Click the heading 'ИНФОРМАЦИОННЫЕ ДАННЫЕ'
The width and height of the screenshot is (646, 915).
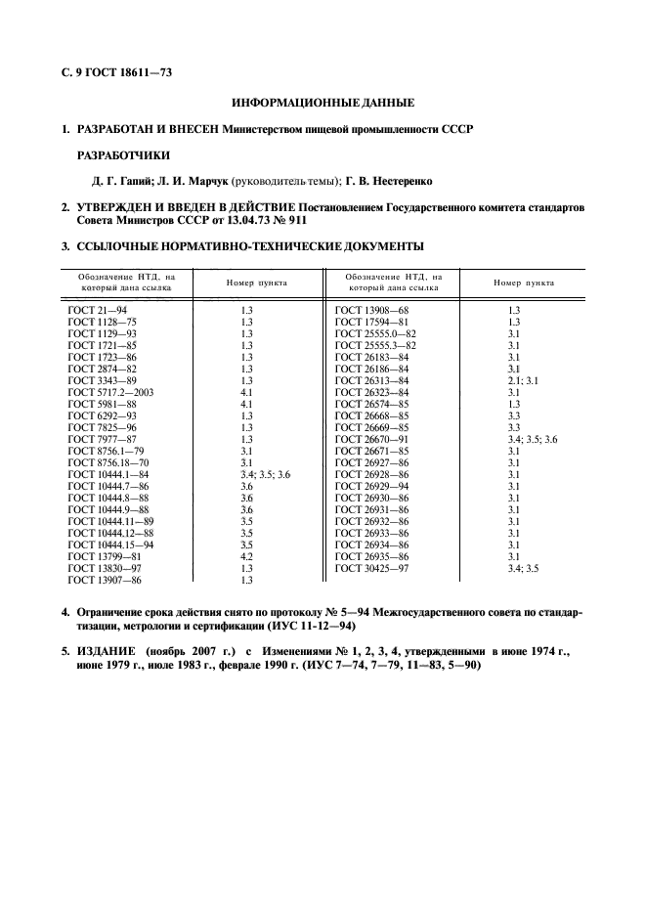point(323,103)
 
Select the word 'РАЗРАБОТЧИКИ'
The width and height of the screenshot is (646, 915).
point(123,154)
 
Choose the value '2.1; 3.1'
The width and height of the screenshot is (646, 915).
point(523,380)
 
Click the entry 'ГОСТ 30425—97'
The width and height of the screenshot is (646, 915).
point(372,568)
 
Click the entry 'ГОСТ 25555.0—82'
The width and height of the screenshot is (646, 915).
point(375,332)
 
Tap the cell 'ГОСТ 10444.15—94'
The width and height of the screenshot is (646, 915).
point(108,545)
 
